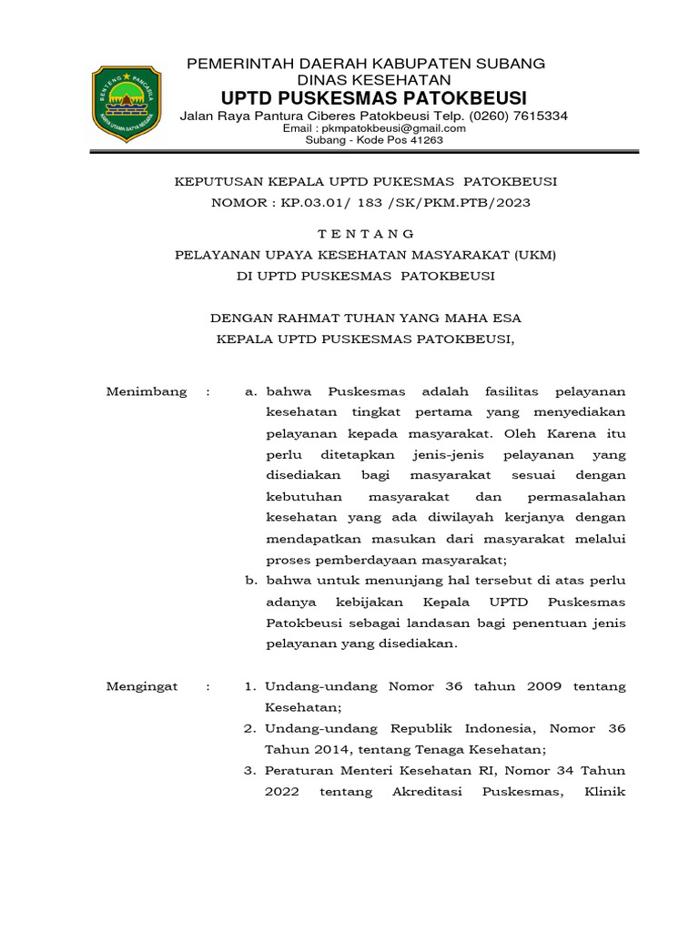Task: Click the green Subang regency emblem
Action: (x=127, y=104)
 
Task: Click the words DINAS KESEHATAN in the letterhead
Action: (x=365, y=80)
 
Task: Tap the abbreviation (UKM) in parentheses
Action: (x=534, y=255)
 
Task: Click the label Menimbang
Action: (x=147, y=391)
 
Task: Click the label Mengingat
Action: (x=142, y=686)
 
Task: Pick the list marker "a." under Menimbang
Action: (x=252, y=391)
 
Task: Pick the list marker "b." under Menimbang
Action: (x=252, y=581)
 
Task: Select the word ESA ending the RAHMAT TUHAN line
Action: (x=505, y=318)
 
